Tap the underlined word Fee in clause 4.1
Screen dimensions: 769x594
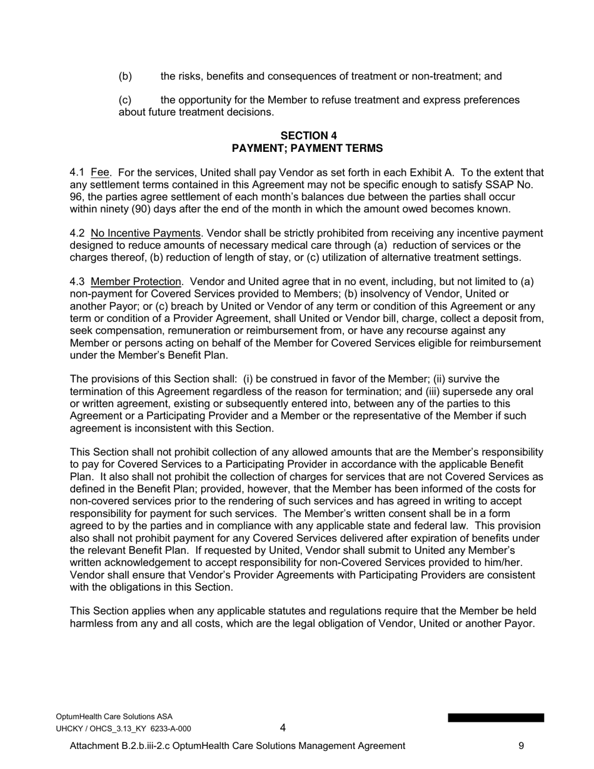100,173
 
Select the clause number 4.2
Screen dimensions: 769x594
78,234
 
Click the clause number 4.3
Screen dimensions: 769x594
78,282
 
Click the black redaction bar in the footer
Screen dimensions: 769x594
495,718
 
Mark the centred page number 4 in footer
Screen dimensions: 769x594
283,728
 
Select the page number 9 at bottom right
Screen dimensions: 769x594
521,746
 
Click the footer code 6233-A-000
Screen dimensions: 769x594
171,728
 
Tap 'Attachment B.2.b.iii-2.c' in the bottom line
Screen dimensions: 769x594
124,746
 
